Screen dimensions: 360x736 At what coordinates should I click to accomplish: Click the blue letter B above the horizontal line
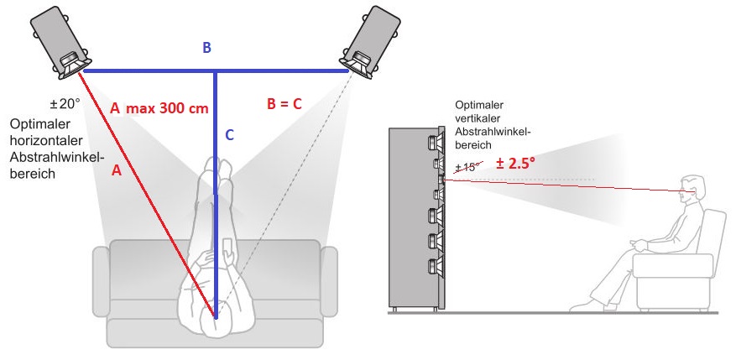(x=206, y=50)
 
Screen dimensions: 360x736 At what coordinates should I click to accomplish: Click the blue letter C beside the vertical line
(x=230, y=134)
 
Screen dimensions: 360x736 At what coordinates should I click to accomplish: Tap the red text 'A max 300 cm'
(x=159, y=107)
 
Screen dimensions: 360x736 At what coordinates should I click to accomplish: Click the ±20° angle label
(x=65, y=105)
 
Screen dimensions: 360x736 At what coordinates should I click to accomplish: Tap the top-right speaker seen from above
(x=370, y=42)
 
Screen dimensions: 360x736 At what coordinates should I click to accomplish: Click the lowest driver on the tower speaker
(x=435, y=268)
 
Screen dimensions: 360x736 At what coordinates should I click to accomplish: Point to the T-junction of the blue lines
(x=217, y=73)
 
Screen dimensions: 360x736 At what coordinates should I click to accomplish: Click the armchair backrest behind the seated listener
(x=712, y=243)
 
